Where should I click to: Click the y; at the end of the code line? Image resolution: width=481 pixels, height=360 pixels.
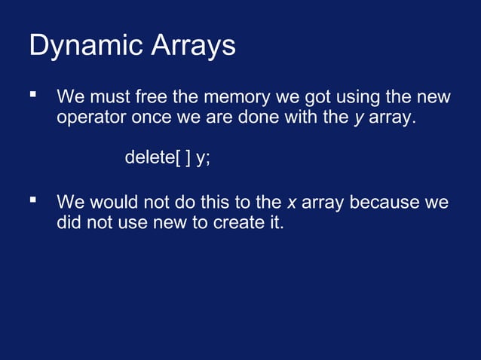[203, 159]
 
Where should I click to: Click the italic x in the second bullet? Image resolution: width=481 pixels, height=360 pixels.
[291, 203]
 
